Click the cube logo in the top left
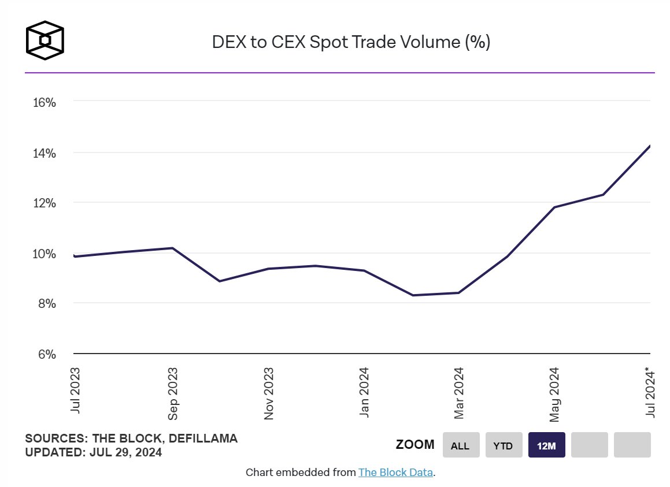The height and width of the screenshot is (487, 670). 45,41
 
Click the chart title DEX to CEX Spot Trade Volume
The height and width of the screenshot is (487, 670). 351,42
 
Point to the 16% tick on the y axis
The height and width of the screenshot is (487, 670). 44,103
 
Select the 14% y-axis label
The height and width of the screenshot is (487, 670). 44,153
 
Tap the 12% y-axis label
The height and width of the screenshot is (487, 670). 44,203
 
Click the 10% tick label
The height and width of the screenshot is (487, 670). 44,254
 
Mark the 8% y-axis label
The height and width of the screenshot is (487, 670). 44,304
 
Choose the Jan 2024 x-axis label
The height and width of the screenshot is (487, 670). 364,392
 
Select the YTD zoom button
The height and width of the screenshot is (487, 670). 504,445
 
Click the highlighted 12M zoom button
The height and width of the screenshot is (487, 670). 546,445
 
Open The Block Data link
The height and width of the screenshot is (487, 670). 395,473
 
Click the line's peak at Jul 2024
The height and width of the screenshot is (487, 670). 650,146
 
